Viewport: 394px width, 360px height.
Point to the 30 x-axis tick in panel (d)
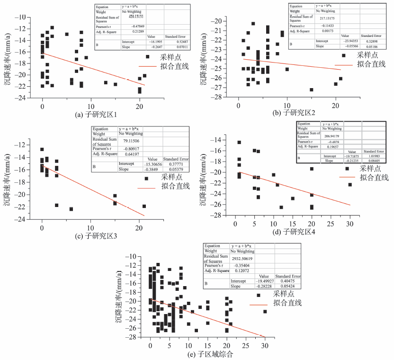[x=349, y=223]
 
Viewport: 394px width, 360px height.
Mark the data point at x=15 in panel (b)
[x=311, y=90]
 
